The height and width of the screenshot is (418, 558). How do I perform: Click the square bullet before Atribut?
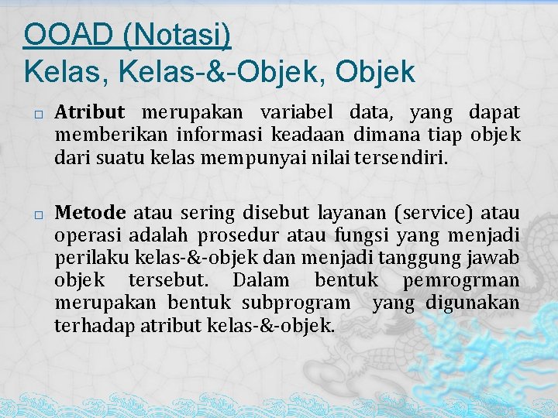tap(38, 115)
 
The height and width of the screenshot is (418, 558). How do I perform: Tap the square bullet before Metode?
tap(38, 214)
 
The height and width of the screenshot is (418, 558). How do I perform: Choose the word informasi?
tap(223, 136)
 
